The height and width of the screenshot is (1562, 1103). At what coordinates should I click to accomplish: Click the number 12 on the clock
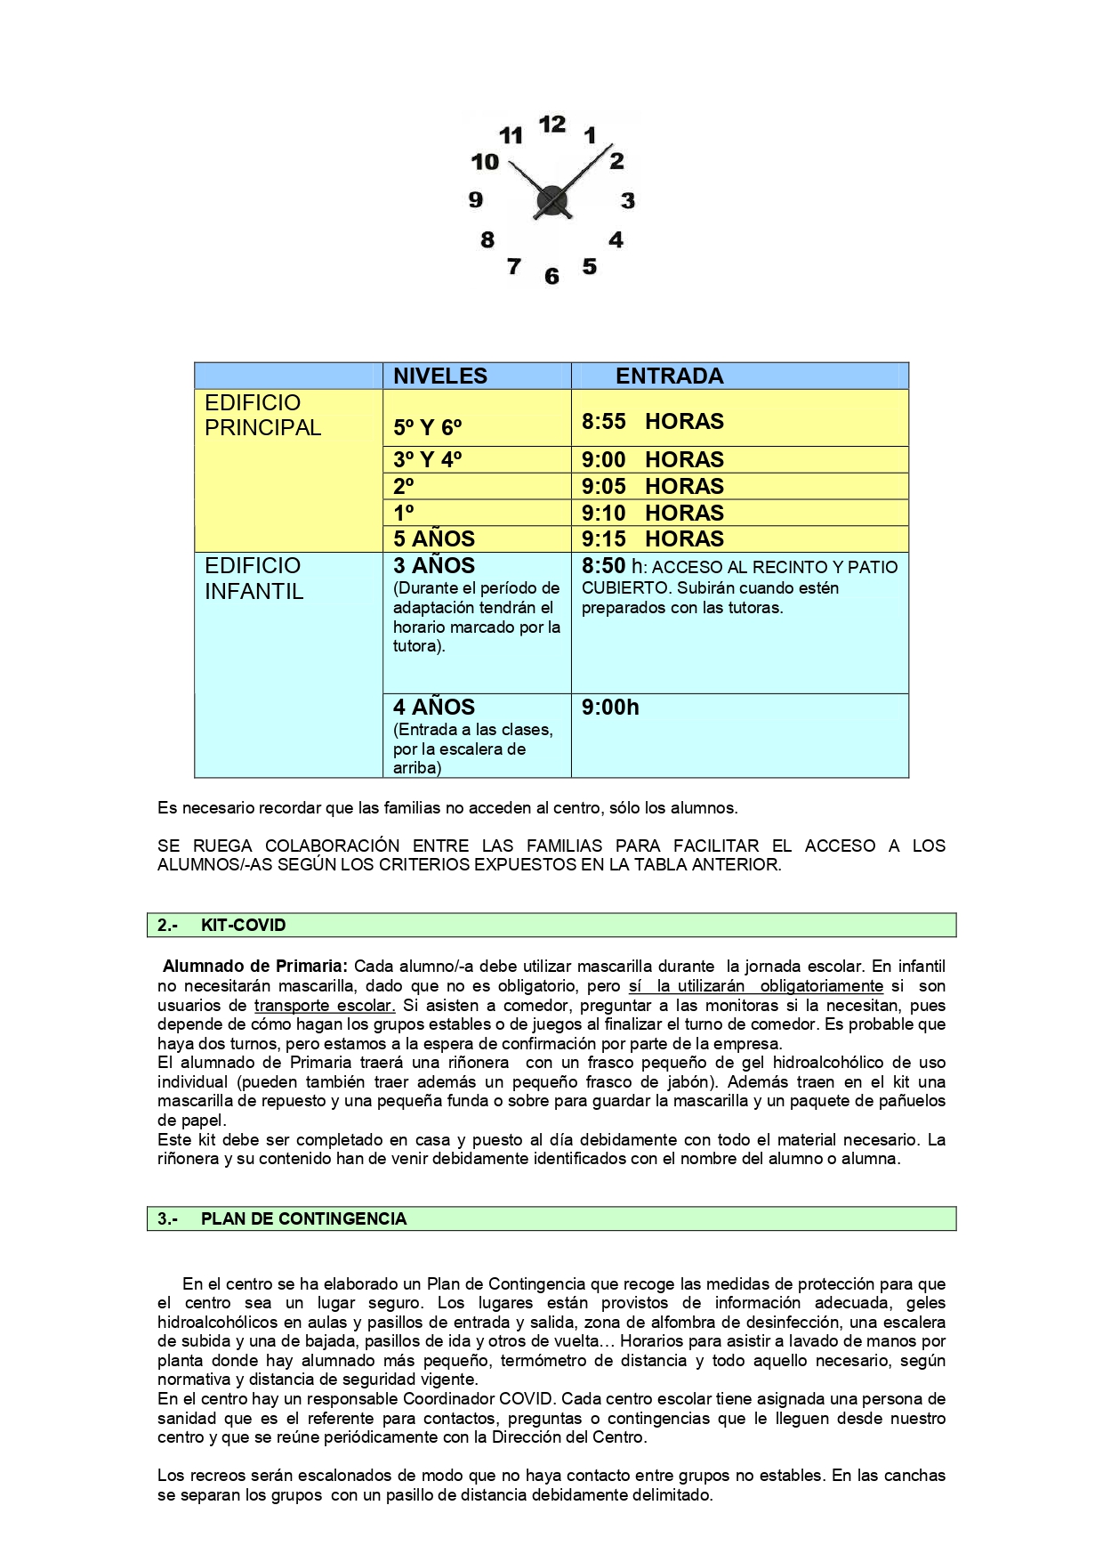pyautogui.click(x=551, y=125)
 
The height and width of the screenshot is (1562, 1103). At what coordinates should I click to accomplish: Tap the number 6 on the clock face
pyautogui.click(x=551, y=276)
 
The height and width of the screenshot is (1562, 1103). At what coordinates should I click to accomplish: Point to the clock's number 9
pyautogui.click(x=476, y=200)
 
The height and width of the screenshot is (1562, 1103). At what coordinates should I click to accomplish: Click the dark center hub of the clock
pyautogui.click(x=551, y=201)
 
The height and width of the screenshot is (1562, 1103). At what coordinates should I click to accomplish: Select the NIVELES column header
pyautogui.click(x=440, y=376)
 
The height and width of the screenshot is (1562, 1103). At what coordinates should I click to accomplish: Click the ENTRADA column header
pyautogui.click(x=669, y=376)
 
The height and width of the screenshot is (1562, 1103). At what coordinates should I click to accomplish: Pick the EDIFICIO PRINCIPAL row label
pyautogui.click(x=262, y=416)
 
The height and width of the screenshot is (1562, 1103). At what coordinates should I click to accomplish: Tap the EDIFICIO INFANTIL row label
pyautogui.click(x=254, y=579)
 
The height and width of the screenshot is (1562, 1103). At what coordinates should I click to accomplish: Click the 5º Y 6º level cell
pyautogui.click(x=428, y=428)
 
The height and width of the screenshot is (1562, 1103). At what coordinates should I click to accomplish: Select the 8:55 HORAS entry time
pyautogui.click(x=652, y=421)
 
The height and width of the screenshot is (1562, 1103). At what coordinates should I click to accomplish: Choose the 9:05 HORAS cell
pyautogui.click(x=652, y=487)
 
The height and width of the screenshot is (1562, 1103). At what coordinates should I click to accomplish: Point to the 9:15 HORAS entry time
pyautogui.click(x=652, y=539)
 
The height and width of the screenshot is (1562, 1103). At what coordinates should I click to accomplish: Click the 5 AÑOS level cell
pyautogui.click(x=434, y=539)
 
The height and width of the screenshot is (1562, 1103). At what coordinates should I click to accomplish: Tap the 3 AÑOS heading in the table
pyautogui.click(x=434, y=566)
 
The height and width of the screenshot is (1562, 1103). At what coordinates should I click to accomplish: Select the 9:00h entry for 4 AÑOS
pyautogui.click(x=610, y=708)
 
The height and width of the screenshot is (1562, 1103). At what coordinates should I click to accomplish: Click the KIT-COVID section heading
pyautogui.click(x=243, y=926)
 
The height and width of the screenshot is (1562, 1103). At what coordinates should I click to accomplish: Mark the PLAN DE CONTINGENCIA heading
pyautogui.click(x=303, y=1219)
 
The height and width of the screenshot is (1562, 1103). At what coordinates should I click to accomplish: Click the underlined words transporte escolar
pyautogui.click(x=325, y=1006)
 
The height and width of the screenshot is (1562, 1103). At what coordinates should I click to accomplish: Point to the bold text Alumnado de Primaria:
pyautogui.click(x=255, y=967)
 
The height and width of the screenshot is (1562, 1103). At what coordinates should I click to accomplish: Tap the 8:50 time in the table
pyautogui.click(x=604, y=566)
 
